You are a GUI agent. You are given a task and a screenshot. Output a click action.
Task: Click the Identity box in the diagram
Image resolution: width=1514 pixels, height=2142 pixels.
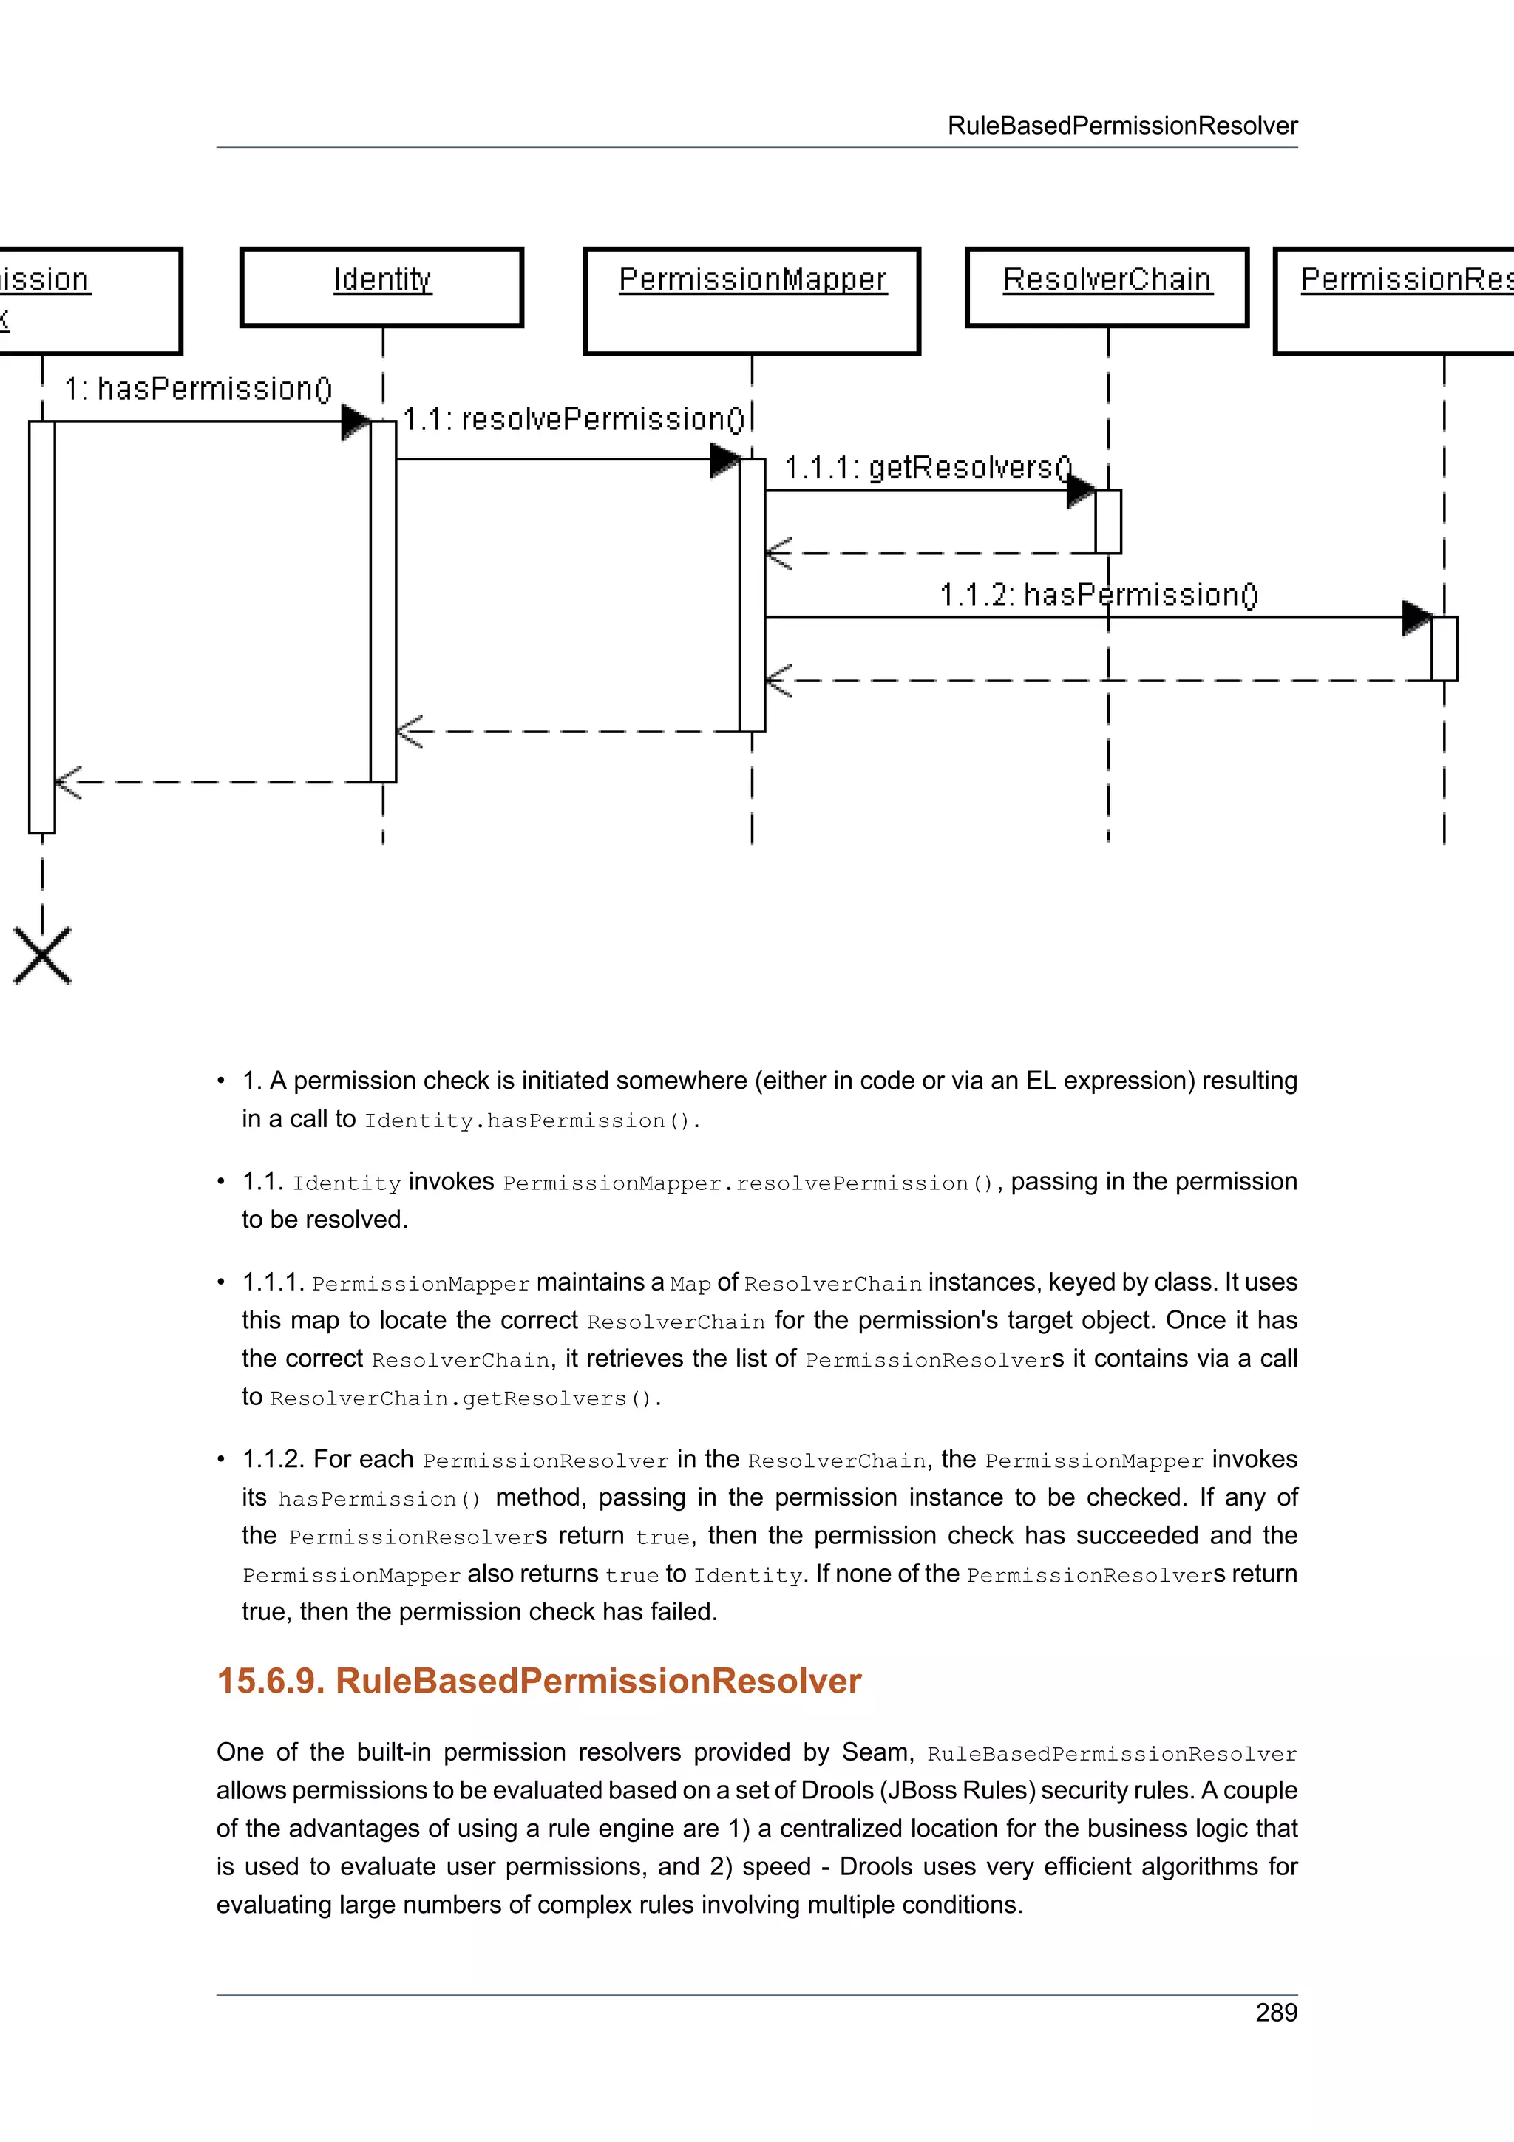click(381, 288)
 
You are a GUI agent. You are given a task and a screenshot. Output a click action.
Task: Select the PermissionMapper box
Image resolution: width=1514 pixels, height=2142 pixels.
click(752, 300)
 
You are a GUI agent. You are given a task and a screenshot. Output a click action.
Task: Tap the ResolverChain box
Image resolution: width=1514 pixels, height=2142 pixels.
click(1107, 288)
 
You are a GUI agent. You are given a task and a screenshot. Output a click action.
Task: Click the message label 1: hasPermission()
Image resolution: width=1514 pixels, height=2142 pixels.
click(198, 388)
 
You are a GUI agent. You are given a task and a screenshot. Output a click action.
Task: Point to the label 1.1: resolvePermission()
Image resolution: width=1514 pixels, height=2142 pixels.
click(573, 419)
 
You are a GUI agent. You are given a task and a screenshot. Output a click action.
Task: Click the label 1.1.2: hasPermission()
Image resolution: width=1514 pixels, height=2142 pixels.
click(1098, 594)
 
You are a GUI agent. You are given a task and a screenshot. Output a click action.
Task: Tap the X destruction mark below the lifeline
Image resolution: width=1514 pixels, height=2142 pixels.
click(42, 955)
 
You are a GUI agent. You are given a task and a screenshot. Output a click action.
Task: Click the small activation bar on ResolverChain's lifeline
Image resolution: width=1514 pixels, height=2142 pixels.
click(1108, 522)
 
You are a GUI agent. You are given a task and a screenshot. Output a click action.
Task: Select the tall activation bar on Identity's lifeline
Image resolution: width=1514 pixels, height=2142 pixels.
click(384, 601)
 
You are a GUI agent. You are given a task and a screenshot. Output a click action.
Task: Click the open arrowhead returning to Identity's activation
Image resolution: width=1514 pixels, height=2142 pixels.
click(410, 732)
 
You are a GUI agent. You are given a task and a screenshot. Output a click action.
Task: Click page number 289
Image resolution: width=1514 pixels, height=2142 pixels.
click(1275, 2013)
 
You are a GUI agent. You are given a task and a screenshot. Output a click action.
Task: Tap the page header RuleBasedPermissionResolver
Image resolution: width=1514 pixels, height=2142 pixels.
click(1122, 125)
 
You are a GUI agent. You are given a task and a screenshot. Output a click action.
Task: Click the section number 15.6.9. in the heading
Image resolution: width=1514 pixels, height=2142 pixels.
click(270, 1680)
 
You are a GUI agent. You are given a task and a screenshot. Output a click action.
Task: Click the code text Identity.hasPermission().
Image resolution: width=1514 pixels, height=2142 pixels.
click(530, 1121)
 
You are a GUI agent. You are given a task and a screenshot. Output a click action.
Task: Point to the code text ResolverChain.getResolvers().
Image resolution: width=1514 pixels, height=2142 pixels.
click(464, 1398)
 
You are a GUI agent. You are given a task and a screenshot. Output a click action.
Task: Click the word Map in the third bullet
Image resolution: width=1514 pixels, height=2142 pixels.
click(690, 1284)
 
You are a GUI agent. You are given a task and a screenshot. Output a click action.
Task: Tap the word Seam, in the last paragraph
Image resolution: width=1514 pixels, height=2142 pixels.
click(877, 1751)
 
